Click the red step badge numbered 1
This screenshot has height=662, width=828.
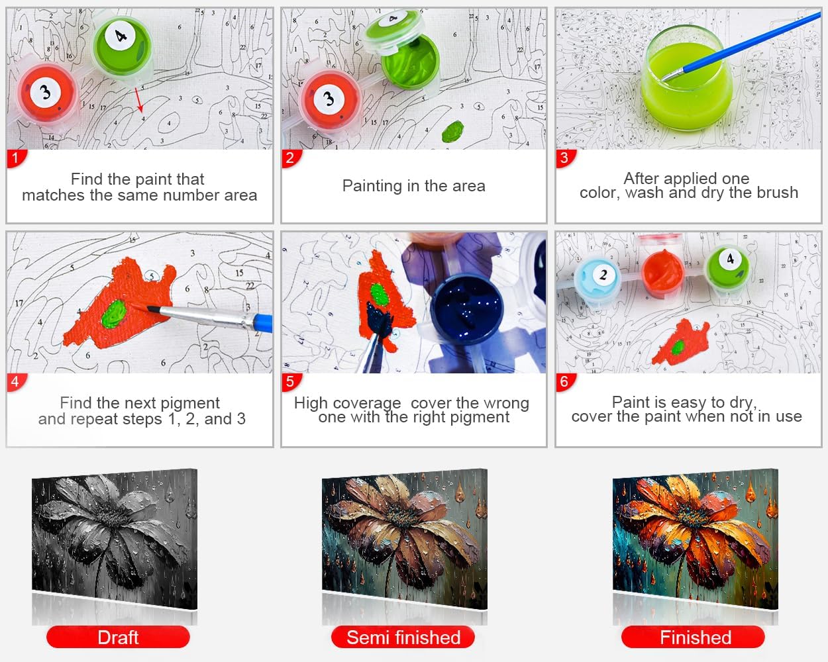(15, 158)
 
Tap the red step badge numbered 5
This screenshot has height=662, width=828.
(290, 382)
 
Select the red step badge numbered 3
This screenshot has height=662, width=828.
(564, 158)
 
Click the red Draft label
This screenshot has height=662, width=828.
(118, 638)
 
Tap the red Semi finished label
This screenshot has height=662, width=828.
(403, 638)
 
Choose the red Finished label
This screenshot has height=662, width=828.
(694, 638)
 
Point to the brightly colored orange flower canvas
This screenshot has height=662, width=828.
(695, 536)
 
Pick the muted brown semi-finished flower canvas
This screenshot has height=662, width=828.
(405, 536)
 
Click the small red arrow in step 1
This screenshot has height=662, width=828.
(139, 99)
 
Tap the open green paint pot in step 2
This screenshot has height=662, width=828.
(409, 64)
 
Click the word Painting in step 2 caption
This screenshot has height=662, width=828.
(371, 186)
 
